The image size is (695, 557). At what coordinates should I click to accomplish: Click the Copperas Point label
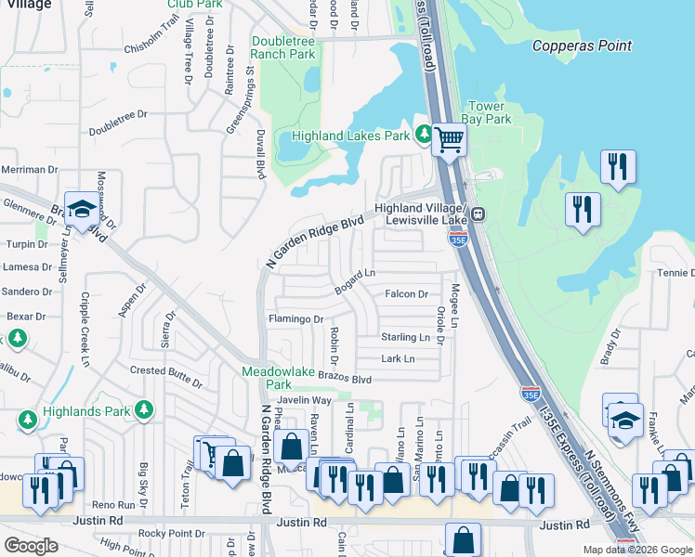coord(582,45)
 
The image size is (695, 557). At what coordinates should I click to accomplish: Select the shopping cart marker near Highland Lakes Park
coord(450,142)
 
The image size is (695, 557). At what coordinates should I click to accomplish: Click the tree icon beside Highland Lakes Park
coord(425,136)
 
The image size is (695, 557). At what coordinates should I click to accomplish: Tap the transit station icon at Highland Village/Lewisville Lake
coord(478,213)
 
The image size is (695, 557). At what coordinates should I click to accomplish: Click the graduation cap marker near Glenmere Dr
coord(82,211)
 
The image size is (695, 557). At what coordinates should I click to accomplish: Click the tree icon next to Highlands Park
coord(143,409)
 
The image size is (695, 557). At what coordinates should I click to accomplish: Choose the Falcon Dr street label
coord(406,294)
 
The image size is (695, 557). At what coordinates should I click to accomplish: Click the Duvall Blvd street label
coord(261,154)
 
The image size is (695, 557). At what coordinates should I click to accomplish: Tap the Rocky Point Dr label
coord(171,533)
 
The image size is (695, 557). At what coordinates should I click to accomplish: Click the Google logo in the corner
coord(31,546)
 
